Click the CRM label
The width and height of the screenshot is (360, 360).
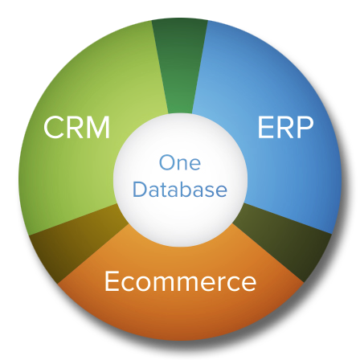tap(77, 127)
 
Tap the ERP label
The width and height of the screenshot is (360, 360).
tap(285, 127)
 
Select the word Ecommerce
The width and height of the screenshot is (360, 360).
tap(180, 281)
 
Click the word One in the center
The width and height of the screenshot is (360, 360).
tap(180, 162)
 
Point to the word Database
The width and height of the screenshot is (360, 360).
tap(180, 188)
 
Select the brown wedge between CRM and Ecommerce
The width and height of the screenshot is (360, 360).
tap(72, 241)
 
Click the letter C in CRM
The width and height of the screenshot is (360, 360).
tap(54, 127)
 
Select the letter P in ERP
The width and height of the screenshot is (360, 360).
tap(305, 127)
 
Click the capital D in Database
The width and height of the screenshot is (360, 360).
tap(141, 188)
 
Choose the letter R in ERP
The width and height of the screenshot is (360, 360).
tap(285, 127)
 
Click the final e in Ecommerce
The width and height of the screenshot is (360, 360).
tap(249, 284)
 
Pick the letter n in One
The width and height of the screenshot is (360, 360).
tap(184, 165)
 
